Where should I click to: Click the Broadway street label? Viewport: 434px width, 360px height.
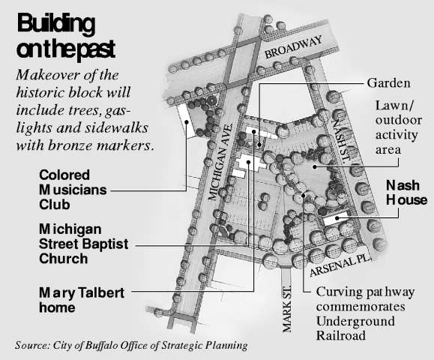coord(294,47)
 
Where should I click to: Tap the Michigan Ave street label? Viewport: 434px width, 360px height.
coord(220,162)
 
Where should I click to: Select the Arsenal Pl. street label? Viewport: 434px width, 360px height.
coord(340,265)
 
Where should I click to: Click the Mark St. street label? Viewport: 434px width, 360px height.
coord(287,309)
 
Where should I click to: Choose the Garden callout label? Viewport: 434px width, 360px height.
coord(388,83)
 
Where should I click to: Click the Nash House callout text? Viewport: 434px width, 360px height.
coord(406,193)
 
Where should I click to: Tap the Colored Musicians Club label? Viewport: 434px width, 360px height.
coord(73,190)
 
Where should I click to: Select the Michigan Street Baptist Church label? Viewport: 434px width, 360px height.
coord(84,244)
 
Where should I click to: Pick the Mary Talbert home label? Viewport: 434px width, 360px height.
coord(82,300)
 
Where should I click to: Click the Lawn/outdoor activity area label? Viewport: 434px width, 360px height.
coord(398,127)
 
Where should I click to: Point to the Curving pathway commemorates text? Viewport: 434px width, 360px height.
coord(365,299)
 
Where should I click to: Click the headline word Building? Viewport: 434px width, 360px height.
coord(56,24)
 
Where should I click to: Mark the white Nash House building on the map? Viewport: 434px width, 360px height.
coord(336,218)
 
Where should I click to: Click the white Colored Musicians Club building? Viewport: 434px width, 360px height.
coord(186,121)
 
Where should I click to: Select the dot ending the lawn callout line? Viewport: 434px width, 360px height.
coord(314,166)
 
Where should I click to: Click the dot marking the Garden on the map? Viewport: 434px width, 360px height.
coord(259,144)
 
